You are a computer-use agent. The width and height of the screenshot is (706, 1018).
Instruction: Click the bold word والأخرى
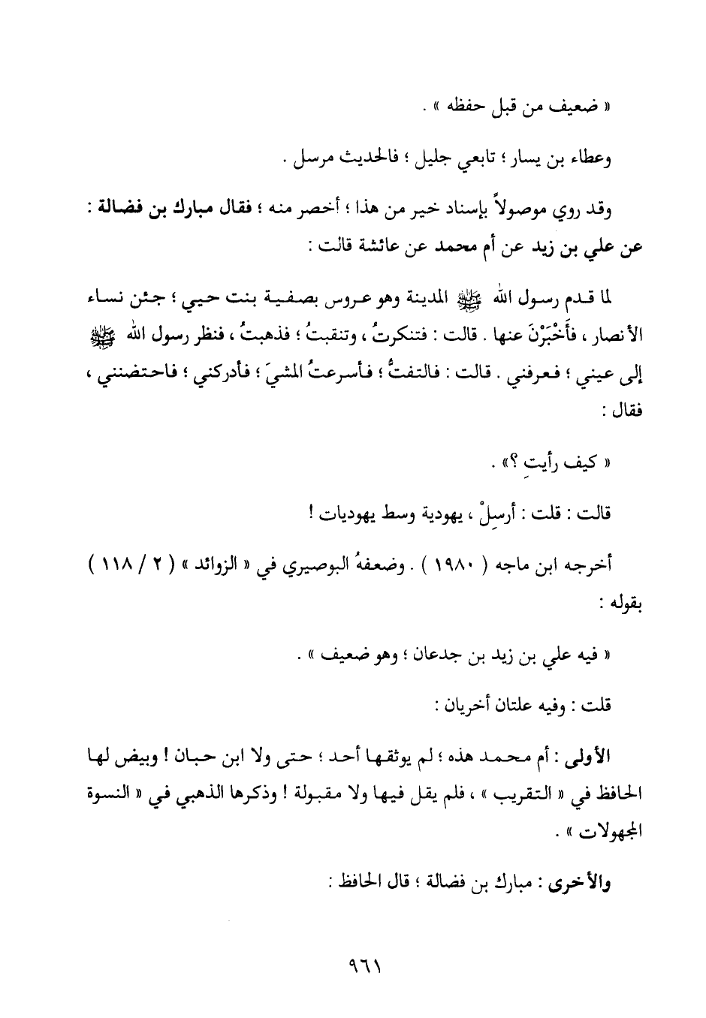(x=588, y=884)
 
